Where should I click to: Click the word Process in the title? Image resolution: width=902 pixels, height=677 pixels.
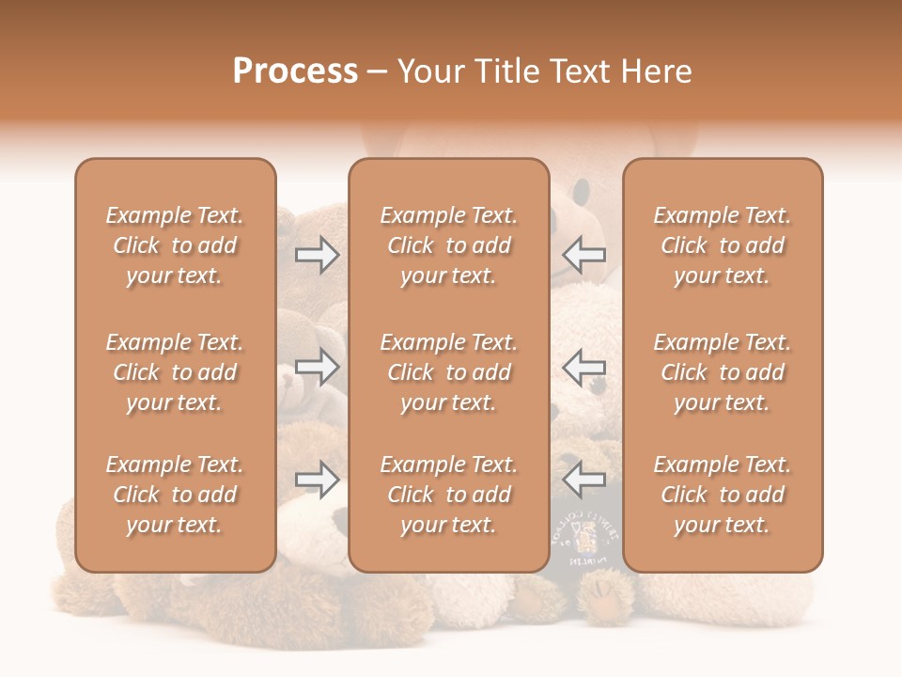295,71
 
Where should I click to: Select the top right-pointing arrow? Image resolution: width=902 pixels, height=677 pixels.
317,255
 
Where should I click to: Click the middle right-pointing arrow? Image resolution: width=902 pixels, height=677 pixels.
317,367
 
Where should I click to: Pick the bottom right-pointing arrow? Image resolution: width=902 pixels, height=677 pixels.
317,480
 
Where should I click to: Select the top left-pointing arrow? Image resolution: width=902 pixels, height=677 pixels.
584,255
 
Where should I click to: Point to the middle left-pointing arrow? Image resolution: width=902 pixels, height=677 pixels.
584,367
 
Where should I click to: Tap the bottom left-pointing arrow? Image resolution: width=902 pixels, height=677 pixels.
584,480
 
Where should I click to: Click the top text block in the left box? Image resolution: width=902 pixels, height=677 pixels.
175,245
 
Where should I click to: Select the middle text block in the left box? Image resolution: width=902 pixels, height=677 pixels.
175,372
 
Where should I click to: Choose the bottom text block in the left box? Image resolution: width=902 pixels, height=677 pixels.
175,495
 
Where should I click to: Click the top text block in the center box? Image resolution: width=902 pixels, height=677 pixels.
448,245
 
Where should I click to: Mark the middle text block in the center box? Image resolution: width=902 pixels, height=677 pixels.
448,372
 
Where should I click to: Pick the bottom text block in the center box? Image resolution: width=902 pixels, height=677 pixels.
448,495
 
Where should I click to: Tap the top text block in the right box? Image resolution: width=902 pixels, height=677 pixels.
722,245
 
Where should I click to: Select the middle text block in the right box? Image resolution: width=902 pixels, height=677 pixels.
722,372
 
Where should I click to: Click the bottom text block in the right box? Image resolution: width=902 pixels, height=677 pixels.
722,495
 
